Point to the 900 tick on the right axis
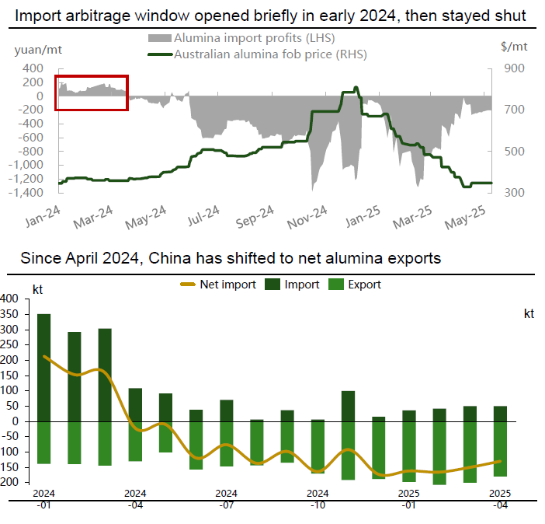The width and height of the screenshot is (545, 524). click(x=516, y=68)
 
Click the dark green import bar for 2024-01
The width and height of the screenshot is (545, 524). click(x=44, y=367)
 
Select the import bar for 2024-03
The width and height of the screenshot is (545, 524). click(x=105, y=375)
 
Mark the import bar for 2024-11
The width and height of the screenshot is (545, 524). click(x=348, y=406)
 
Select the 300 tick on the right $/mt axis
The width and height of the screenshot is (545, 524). click(x=516, y=192)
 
